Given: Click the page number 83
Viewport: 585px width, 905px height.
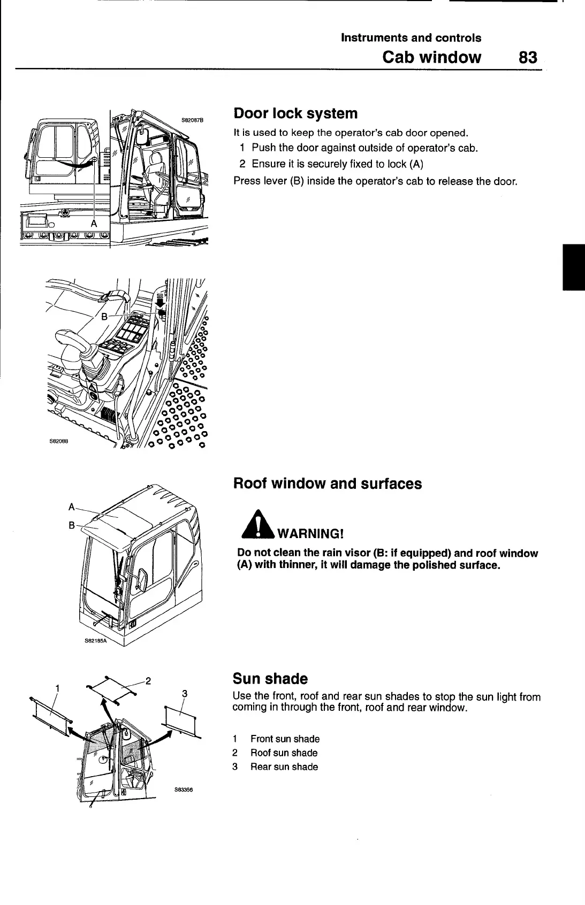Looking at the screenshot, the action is tap(527, 57).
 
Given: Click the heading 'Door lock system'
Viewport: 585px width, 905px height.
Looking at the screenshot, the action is tap(295, 113).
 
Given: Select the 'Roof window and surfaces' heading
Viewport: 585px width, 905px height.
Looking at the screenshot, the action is tap(328, 484).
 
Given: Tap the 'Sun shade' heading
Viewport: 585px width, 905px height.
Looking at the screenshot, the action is tap(270, 679).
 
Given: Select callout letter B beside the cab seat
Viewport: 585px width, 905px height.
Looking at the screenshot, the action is tap(105, 316).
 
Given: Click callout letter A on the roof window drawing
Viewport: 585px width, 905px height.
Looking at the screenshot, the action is tap(72, 506).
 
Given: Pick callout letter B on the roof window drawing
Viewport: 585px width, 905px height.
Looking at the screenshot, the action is tap(72, 525).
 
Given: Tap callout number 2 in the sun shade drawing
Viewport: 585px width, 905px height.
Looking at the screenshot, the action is tap(149, 681).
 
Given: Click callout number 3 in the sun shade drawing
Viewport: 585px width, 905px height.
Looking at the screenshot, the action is tap(184, 694).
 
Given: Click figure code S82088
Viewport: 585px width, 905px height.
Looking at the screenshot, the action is tap(60, 442).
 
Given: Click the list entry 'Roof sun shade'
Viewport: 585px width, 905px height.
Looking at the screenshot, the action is tap(284, 753).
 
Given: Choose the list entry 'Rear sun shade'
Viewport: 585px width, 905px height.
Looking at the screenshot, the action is tap(284, 766).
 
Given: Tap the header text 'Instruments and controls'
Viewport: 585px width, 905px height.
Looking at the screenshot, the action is tap(411, 38).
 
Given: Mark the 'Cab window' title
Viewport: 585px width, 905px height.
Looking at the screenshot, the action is tap(431, 57).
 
